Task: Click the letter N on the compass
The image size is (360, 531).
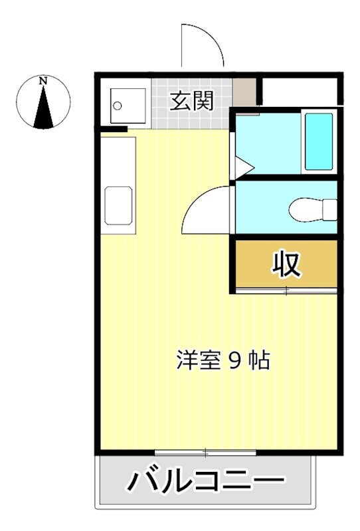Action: pos(43,80)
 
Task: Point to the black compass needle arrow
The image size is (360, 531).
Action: pos(44,109)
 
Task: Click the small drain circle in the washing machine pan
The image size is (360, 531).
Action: pos(118,105)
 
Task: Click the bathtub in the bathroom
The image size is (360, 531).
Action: pos(318,141)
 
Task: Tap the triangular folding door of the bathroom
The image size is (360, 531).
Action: pos(240,163)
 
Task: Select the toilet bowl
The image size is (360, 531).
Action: pos(312,209)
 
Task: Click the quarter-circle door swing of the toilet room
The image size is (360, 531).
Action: pos(207,208)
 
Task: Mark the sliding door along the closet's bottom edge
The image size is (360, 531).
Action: pos(286,291)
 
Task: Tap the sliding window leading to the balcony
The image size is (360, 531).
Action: pos(205,453)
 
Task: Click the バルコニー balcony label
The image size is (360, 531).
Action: pos(205,481)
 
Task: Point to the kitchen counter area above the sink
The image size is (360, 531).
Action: pos(118,159)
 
